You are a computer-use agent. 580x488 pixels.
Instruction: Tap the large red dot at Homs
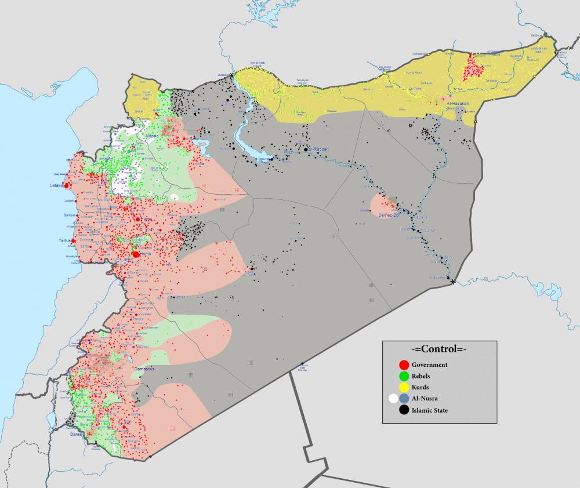pos(136,254)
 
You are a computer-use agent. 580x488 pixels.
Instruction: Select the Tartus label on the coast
pos(64,241)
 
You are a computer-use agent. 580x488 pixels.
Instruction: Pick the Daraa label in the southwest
pos(75,434)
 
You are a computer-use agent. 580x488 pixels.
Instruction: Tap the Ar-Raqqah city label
pos(318,149)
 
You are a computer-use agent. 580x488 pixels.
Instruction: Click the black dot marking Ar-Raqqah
pos(306,150)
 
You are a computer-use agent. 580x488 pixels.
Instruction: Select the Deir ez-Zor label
pos(390,215)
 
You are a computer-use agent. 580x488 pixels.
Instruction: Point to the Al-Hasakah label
pos(458,103)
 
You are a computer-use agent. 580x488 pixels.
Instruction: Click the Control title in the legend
pos(438,349)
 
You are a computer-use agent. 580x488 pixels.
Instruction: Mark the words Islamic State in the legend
pos(430,410)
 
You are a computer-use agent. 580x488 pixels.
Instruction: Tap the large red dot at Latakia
pos(67,185)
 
